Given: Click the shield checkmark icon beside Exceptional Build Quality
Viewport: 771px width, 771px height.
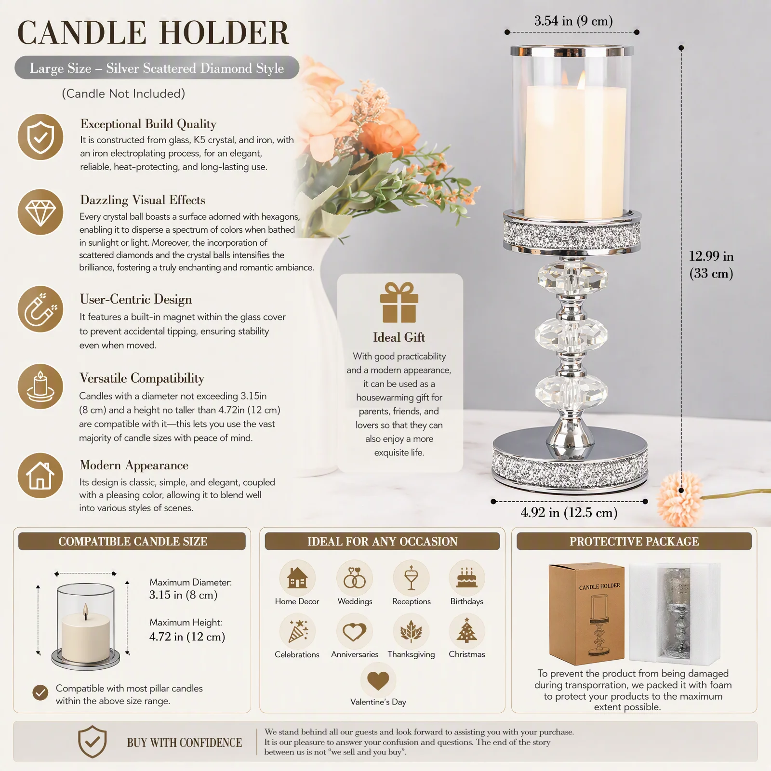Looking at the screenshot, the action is [40, 137].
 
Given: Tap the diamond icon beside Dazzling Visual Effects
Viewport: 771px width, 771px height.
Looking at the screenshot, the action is [40, 212].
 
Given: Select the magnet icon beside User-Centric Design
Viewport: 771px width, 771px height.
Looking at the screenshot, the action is [40, 309].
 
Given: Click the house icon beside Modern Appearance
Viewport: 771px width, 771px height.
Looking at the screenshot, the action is [40, 476].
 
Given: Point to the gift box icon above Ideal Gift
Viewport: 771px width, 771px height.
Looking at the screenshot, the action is [399, 302].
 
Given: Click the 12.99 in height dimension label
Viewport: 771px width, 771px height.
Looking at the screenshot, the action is [711, 265].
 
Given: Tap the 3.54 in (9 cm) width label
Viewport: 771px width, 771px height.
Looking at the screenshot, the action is [573, 21].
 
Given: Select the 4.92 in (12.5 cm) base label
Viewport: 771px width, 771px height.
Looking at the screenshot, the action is [569, 512].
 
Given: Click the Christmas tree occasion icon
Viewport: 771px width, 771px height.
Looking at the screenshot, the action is [466, 631].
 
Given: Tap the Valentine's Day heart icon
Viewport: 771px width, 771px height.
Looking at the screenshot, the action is [378, 680].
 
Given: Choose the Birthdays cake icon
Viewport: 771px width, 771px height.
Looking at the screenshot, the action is [466, 577].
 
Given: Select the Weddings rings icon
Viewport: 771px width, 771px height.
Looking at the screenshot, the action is [355, 577].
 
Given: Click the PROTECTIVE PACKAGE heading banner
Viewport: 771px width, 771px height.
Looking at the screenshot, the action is [634, 541].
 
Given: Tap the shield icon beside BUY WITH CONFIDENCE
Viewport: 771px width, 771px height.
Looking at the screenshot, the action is [92, 741].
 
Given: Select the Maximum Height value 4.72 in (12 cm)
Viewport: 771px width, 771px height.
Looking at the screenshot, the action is [187, 637].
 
